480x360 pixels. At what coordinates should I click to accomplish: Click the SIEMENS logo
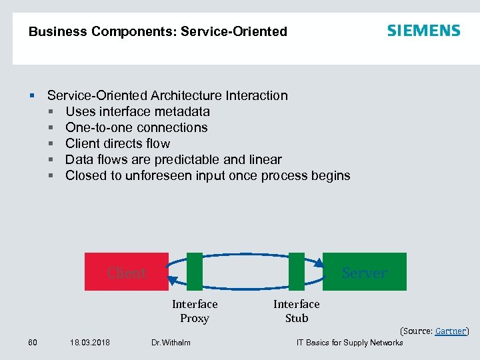423,31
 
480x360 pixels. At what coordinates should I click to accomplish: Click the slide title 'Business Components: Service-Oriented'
158,31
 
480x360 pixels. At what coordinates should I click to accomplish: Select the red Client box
126,271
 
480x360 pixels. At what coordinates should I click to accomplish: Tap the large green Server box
365,271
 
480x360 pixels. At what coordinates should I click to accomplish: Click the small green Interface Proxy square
195,271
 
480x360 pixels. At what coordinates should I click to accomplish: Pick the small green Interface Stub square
297,271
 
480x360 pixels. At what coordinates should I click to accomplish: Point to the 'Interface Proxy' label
195,311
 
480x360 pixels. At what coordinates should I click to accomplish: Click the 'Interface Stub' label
297,311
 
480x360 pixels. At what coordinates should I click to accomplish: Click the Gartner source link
451,331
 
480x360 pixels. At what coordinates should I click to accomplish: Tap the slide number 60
33,343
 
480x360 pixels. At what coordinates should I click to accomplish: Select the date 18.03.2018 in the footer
90,343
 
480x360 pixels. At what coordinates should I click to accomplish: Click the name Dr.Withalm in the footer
171,343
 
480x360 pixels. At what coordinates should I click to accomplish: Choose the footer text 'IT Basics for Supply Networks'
349,343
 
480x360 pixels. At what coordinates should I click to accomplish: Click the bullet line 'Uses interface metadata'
137,111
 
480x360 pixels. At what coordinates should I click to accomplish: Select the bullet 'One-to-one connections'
137,127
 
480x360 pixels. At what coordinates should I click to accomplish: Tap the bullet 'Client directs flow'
118,143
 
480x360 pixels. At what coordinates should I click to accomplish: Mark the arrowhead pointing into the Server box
319,263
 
